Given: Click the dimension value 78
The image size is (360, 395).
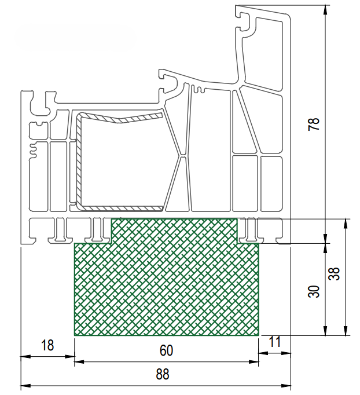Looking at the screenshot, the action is pos(314,124).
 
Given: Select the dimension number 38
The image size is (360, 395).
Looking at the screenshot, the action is pos(334,273).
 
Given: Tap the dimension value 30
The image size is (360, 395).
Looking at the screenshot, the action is pos(314,291).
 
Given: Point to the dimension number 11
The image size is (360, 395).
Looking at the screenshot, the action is pos(275,342).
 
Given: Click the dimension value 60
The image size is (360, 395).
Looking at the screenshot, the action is pos(166,350).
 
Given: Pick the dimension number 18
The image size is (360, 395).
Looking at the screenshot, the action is pos(47,345).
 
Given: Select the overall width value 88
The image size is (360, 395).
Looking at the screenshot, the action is pos(163,374).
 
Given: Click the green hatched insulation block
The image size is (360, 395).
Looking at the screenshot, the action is pos(166,284).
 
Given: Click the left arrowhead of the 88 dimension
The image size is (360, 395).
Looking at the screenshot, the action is pos(25,385).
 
